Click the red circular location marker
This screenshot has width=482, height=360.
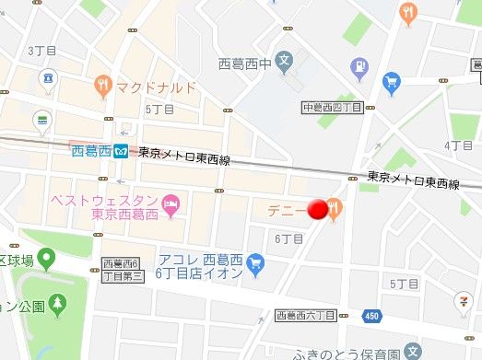[x=319, y=211]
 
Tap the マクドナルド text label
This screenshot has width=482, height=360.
[x=157, y=87]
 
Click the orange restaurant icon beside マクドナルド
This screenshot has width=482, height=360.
[x=104, y=87]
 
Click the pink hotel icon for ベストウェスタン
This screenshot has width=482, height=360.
[x=170, y=203]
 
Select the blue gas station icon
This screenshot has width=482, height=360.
[x=359, y=65]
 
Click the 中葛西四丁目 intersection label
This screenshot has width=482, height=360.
[x=334, y=108]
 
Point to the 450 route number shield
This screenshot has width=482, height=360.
[x=372, y=317]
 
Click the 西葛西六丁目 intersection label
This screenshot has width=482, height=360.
[x=306, y=316]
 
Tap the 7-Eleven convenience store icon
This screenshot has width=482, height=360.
[x=459, y=302]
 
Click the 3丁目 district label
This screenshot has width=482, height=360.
[x=42, y=50]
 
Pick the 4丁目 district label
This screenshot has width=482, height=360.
[x=457, y=145]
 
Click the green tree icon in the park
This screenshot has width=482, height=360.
[x=59, y=302]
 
